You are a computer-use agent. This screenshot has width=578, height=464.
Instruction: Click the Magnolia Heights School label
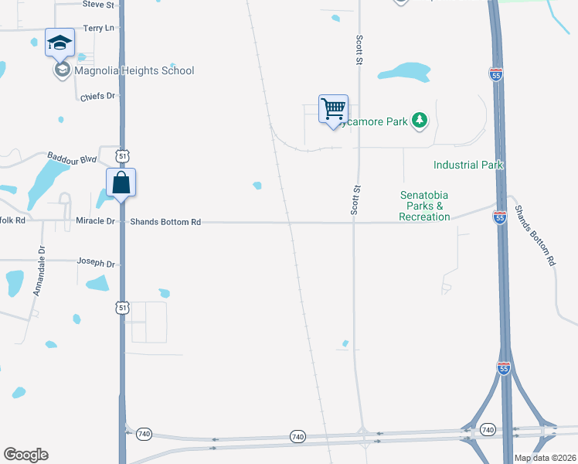click(134, 70)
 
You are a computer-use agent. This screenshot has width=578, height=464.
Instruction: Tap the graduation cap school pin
click(59, 43)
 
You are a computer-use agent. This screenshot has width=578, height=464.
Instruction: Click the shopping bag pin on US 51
click(121, 183)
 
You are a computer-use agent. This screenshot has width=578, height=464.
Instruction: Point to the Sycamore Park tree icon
click(420, 120)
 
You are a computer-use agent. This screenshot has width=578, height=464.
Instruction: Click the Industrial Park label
click(468, 165)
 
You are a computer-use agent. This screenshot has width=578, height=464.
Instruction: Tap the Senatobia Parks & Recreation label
click(424, 206)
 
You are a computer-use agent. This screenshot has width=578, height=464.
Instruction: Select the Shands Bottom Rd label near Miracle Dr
click(165, 222)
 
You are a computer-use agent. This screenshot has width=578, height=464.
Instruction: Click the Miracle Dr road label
click(95, 222)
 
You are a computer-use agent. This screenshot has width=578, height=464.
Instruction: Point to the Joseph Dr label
click(96, 263)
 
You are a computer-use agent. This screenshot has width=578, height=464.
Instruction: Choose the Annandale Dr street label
click(38, 271)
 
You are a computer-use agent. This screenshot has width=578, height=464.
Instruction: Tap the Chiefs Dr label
click(97, 97)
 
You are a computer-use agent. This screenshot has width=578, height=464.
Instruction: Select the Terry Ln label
click(99, 28)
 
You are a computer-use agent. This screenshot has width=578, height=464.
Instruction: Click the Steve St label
click(98, 5)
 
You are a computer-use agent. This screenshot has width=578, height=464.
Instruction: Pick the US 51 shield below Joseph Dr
click(122, 308)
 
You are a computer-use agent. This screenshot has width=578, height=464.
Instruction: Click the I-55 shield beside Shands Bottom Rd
click(499, 219)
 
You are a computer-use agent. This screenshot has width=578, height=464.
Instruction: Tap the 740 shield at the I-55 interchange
click(487, 429)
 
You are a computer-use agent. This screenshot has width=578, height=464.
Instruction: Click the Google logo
click(25, 455)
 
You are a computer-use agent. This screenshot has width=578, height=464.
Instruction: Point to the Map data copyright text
click(545, 458)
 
